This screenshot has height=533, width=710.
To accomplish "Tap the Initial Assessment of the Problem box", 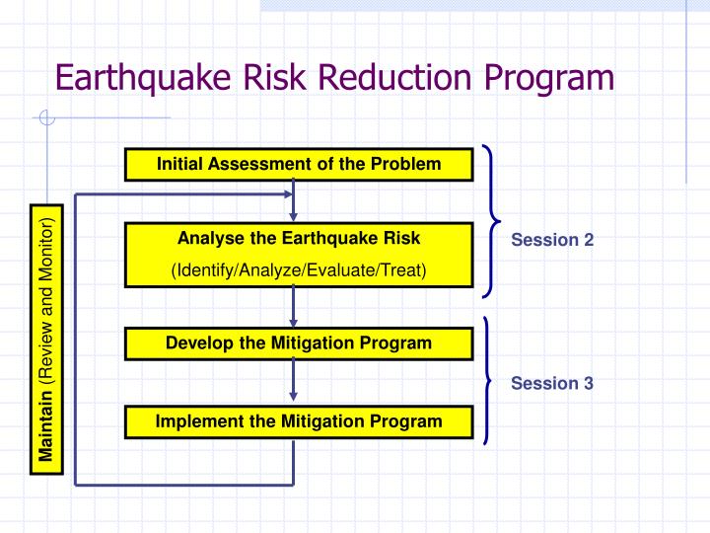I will click(299, 164).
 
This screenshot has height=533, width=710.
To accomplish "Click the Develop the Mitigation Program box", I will click(299, 343).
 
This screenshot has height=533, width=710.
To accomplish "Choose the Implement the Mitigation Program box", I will click(299, 421).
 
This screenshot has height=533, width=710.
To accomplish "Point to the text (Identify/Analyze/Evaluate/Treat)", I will click(299, 270).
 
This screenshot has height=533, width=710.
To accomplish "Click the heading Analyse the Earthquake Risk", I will click(299, 238).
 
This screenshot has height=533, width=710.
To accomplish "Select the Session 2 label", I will click(552, 240).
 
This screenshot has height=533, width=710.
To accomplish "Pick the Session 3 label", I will click(552, 383).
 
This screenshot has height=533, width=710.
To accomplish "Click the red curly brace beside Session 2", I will click(492, 220).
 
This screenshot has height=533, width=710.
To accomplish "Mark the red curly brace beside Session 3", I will click(488, 381).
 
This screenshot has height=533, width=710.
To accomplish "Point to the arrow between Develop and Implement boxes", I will click(294, 383).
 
